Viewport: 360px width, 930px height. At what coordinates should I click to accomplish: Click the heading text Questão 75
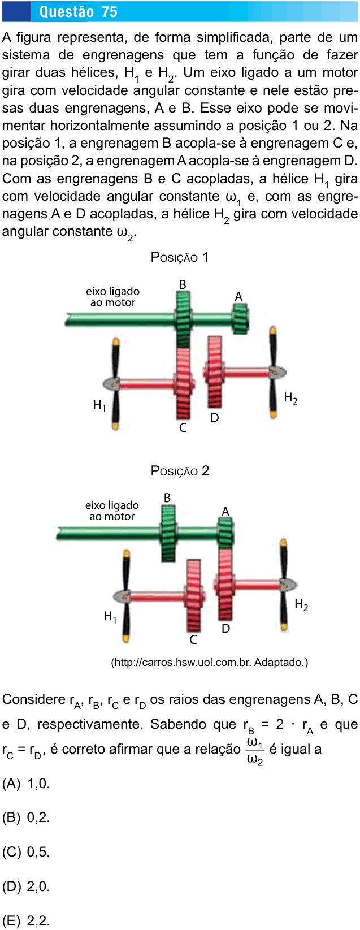[79, 12]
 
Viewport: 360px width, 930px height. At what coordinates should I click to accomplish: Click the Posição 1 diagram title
[179, 257]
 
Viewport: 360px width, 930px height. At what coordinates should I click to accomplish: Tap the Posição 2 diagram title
[180, 471]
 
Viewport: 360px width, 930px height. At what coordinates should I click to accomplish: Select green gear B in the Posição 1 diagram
[183, 319]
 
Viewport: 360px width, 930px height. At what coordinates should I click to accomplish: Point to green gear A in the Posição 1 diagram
[240, 319]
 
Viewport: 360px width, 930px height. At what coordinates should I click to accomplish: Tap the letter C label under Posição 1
[183, 427]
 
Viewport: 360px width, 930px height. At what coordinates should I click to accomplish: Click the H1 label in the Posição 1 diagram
[99, 405]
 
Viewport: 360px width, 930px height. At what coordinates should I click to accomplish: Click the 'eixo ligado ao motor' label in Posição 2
[112, 511]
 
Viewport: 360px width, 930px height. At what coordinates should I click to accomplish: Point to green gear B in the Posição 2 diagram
[168, 533]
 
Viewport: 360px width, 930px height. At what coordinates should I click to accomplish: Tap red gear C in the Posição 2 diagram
[194, 595]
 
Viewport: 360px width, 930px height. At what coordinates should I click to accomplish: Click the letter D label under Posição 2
[225, 629]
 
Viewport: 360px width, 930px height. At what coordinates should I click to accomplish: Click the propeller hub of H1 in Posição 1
[114, 383]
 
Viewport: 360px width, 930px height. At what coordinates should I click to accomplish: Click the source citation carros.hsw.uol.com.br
[210, 662]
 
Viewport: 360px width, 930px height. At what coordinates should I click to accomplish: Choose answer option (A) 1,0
[26, 784]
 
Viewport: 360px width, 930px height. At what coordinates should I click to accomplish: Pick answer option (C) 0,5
[26, 852]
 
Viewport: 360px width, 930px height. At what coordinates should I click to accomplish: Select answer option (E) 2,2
[26, 921]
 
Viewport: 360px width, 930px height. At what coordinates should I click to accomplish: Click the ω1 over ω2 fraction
[254, 751]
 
